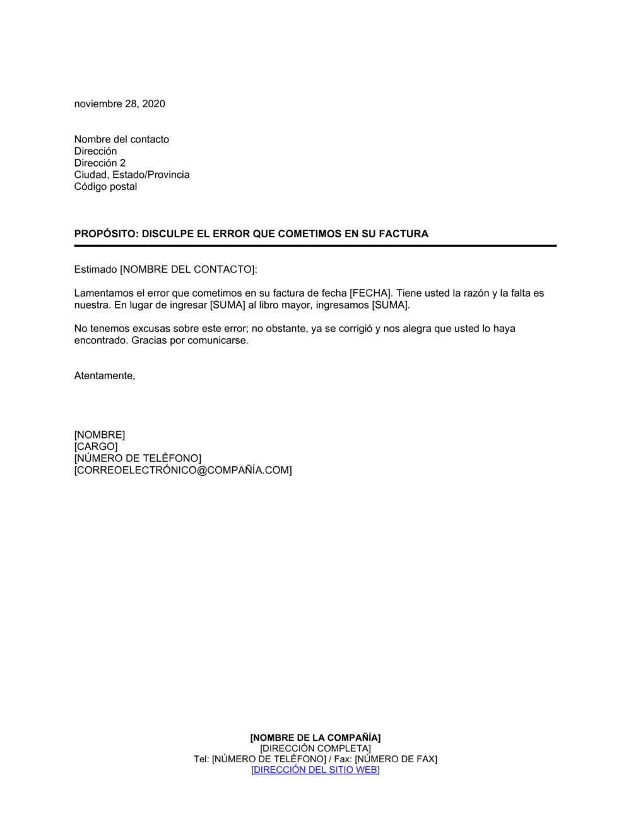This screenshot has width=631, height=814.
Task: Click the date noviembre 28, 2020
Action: pyautogui.click(x=119, y=104)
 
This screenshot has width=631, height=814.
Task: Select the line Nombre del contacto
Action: pyautogui.click(x=121, y=139)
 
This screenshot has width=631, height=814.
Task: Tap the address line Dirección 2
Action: pyautogui.click(x=100, y=163)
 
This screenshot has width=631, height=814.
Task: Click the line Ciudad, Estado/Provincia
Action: pyautogui.click(x=131, y=175)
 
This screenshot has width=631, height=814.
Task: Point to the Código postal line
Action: pyautogui.click(x=105, y=187)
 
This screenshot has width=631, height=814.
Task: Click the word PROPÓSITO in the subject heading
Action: pyautogui.click(x=105, y=234)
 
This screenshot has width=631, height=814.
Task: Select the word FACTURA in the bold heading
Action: pyautogui.click(x=403, y=234)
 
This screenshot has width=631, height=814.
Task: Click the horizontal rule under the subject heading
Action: pyautogui.click(x=315, y=245)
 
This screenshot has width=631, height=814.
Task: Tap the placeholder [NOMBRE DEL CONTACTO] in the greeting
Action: pyautogui.click(x=187, y=269)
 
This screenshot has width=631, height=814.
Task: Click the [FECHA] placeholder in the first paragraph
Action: pyautogui.click(x=370, y=293)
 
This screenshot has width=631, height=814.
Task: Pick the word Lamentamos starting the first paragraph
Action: pyautogui.click(x=103, y=293)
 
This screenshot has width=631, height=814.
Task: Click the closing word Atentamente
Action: pyautogui.click(x=104, y=376)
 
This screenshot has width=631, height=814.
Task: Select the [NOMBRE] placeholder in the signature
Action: pyautogui.click(x=100, y=435)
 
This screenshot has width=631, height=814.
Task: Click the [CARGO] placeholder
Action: pyautogui.click(x=96, y=447)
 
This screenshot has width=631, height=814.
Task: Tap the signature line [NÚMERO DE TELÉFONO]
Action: pyautogui.click(x=138, y=458)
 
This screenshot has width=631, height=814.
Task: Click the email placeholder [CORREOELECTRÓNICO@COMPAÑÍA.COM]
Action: pyautogui.click(x=183, y=470)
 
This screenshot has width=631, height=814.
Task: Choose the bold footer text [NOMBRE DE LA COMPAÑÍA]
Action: pyautogui.click(x=315, y=738)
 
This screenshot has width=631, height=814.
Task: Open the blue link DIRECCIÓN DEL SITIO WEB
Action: pyautogui.click(x=315, y=770)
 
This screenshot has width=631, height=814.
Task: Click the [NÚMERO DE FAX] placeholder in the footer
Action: pyautogui.click(x=396, y=759)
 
